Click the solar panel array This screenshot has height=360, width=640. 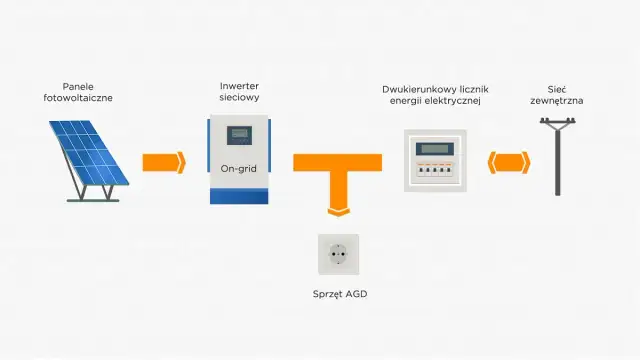[87, 154]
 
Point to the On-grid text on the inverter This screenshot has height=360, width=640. [239, 168]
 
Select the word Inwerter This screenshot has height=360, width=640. [239, 86]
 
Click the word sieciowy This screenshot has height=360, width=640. [239, 100]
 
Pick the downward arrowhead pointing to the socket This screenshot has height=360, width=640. [337, 209]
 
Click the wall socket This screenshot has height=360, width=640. [337, 255]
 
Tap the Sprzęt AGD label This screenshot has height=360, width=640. [337, 295]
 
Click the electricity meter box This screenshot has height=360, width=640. [436, 160]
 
